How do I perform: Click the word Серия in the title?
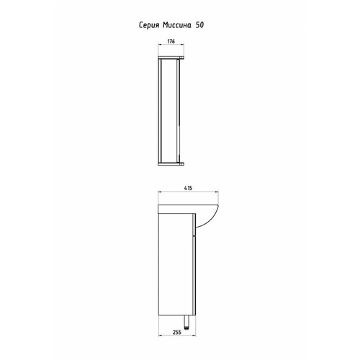coord(149,25)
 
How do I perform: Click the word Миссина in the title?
coord(177,25)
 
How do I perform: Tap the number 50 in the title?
coord(199,25)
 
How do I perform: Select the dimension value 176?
coord(171,41)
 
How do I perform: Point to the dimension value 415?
coord(188,188)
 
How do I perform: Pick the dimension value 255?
coord(177,332)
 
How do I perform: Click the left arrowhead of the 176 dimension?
coord(160,45)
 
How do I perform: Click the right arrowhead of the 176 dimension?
coord(182,45)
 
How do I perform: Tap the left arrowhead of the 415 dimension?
coord(160,192)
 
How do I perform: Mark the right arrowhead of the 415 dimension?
coord(217,192)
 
